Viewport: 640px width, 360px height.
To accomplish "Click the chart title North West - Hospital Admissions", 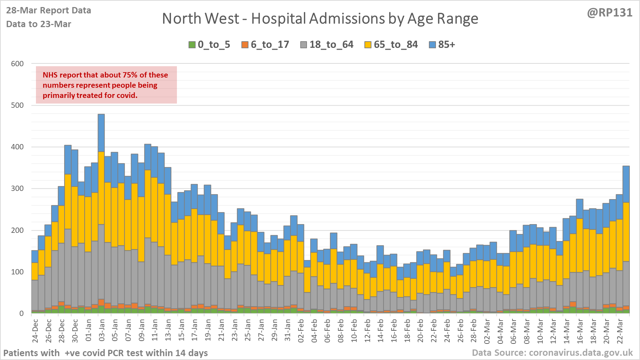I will click(x=320, y=19).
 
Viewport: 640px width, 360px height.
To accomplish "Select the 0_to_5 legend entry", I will click(x=209, y=45).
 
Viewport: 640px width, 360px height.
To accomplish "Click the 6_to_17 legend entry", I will click(x=265, y=45).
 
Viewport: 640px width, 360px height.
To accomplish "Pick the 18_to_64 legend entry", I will click(x=327, y=45).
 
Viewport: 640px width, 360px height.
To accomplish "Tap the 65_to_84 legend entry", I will click(x=391, y=45).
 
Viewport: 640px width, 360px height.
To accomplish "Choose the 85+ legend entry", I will click(x=442, y=45).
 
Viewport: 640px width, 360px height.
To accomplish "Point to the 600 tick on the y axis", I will click(x=17, y=64).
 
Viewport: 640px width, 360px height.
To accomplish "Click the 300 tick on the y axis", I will click(x=17, y=188).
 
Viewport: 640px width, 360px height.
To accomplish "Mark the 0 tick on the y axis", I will click(x=21, y=313).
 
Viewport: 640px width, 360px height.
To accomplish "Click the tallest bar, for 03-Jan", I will click(x=101, y=211).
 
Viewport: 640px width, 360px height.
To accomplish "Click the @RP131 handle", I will click(x=610, y=13).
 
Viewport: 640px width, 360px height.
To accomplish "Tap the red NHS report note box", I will click(x=106, y=85).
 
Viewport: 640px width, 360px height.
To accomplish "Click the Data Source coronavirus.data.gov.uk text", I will click(x=552, y=353).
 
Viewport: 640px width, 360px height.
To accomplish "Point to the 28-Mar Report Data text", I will click(x=49, y=11).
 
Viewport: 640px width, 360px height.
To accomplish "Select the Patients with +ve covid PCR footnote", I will click(x=106, y=353).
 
